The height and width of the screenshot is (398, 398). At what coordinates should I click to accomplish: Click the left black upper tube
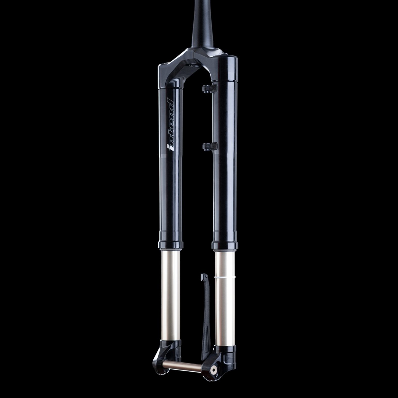[170, 184]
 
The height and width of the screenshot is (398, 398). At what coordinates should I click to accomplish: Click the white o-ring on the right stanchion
[225, 276]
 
